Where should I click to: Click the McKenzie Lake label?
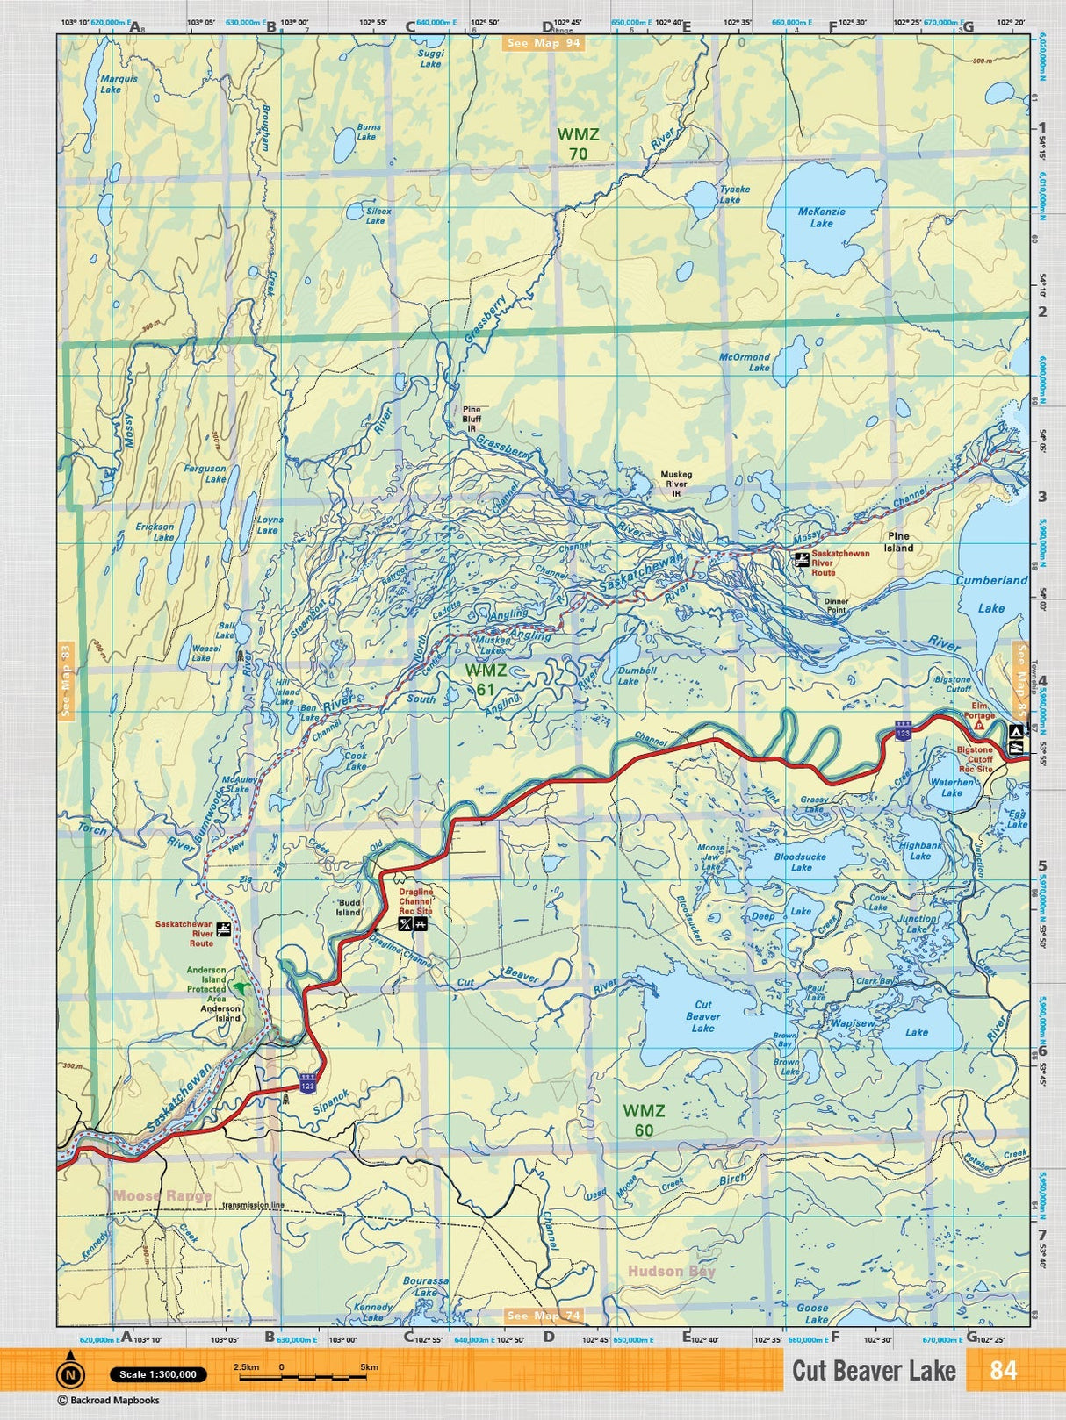pyautogui.click(x=821, y=218)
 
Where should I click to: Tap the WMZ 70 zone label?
pyautogui.click(x=578, y=144)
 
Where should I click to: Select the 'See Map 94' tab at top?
pyautogui.click(x=544, y=42)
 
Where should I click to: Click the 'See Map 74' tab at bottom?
pyautogui.click(x=544, y=1315)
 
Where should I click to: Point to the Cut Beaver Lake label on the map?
pyautogui.click(x=702, y=1016)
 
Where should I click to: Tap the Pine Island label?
pyautogui.click(x=898, y=541)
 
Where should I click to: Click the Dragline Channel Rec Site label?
pyautogui.click(x=415, y=901)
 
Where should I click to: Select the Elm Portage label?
pyautogui.click(x=979, y=710)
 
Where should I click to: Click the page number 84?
pyautogui.click(x=1002, y=1370)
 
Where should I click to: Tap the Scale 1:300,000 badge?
pyautogui.click(x=158, y=1374)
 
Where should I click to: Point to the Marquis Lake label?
pyautogui.click(x=118, y=83)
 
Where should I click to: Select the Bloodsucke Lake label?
pyautogui.click(x=800, y=862)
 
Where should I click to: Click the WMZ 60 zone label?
pyautogui.click(x=644, y=1121)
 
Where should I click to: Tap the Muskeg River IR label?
pyautogui.click(x=676, y=484)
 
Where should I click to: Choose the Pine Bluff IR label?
pyautogui.click(x=472, y=419)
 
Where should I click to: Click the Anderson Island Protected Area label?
pyautogui.click(x=206, y=984)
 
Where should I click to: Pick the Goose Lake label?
pyautogui.click(x=813, y=1313)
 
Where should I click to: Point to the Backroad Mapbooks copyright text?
pyautogui.click(x=109, y=1401)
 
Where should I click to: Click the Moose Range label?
pyautogui.click(x=162, y=1195)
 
